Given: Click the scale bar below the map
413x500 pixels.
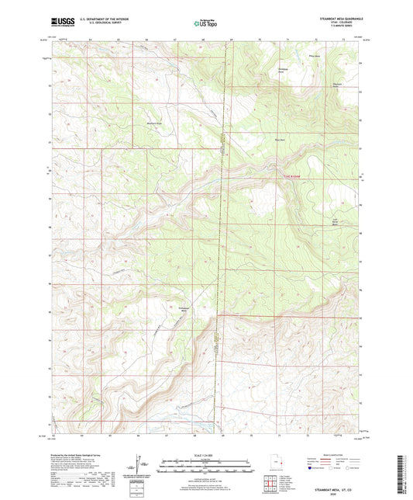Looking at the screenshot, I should pyautogui.click(x=206, y=468).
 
